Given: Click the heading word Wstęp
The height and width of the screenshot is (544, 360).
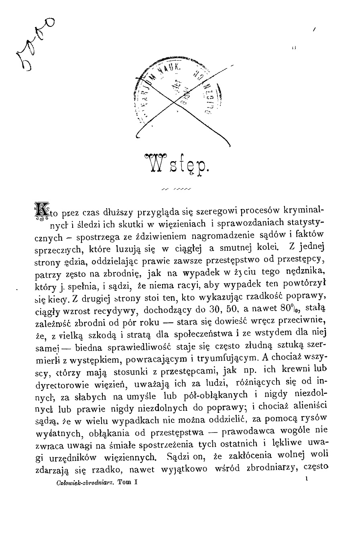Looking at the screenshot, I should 177,164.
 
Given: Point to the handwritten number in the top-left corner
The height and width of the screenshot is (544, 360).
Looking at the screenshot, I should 34,44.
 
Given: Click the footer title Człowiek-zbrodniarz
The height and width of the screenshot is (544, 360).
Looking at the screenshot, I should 80,484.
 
